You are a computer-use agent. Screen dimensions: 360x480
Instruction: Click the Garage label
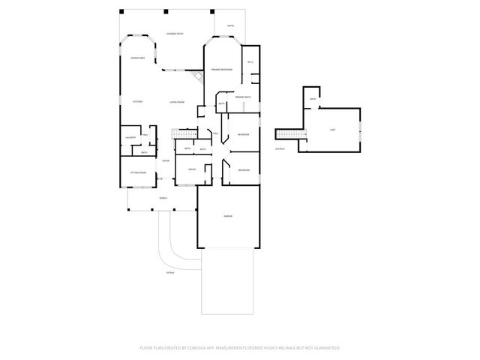(x=227, y=216)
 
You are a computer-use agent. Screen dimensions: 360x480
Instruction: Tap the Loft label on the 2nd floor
(x=332, y=130)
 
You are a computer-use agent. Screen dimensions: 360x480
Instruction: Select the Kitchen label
(x=137, y=102)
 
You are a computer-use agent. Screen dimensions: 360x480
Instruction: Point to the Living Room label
(x=177, y=102)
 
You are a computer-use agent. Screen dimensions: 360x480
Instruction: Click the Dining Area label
(x=137, y=58)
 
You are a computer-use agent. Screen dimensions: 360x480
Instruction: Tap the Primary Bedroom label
(x=221, y=70)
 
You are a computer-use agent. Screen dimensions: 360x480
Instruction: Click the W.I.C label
(x=251, y=61)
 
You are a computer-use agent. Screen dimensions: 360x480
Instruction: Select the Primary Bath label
(x=242, y=97)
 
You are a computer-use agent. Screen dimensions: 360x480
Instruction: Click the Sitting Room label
(x=139, y=172)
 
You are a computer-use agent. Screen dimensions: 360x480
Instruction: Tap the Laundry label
(x=130, y=137)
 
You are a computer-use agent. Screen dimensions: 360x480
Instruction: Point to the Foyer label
(x=165, y=160)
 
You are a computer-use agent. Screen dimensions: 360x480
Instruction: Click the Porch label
(x=163, y=198)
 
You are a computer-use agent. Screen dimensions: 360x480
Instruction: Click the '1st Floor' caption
(x=170, y=272)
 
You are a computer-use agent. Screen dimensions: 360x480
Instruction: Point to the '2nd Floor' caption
(x=280, y=149)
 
